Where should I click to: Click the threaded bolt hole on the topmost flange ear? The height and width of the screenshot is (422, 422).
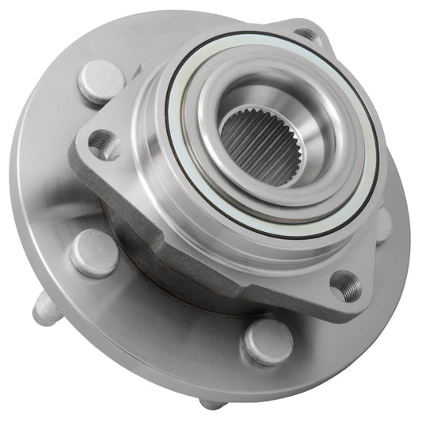pyautogui.click(x=306, y=35)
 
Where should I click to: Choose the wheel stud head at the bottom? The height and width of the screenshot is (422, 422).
pyautogui.click(x=267, y=341)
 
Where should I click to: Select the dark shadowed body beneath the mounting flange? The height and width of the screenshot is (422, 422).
pyautogui.click(x=143, y=238)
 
